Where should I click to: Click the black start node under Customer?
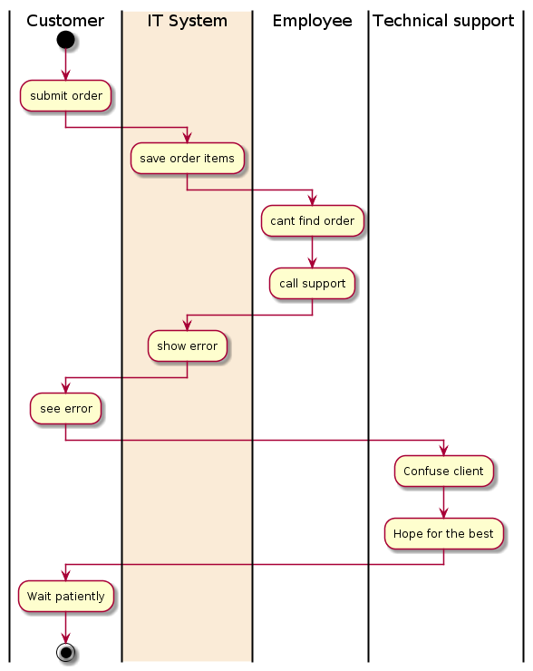(x=65, y=40)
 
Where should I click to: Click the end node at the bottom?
(x=65, y=653)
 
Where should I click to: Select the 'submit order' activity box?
(x=65, y=96)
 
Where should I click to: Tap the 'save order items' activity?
(x=187, y=159)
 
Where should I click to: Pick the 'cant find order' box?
(x=312, y=221)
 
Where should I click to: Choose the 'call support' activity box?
(x=312, y=283)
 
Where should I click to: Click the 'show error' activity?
(x=187, y=345)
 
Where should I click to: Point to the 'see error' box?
(x=65, y=409)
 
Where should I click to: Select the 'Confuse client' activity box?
(x=443, y=472)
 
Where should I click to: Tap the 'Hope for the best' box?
(x=443, y=534)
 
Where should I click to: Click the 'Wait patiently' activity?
(x=65, y=596)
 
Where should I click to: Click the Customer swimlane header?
(x=65, y=21)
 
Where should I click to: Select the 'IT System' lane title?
(x=187, y=21)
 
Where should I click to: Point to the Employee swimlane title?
(x=312, y=21)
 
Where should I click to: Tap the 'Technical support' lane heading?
(x=443, y=21)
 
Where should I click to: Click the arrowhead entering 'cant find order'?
(x=312, y=199)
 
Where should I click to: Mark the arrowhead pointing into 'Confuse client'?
(x=443, y=450)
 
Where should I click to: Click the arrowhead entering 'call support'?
(x=312, y=263)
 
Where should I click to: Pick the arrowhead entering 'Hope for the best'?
(x=443, y=512)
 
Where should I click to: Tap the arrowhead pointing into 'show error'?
(x=187, y=326)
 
